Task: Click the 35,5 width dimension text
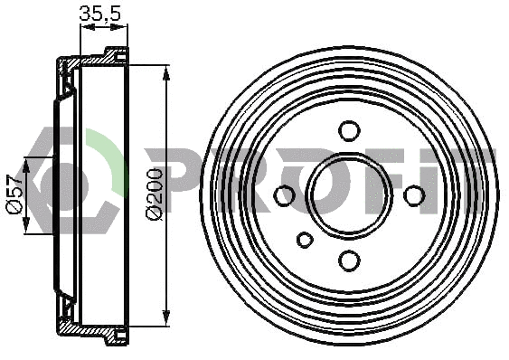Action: (x=101, y=13)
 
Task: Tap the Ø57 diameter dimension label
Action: (x=14, y=194)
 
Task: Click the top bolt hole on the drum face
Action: (x=349, y=130)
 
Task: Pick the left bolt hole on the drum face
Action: (x=284, y=195)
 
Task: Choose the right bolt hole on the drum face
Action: (x=414, y=195)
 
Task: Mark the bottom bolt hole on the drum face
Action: (x=349, y=261)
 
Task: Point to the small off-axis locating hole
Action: (x=305, y=240)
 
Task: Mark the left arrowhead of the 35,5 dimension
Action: (x=84, y=27)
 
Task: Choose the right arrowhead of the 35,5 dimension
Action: (x=122, y=27)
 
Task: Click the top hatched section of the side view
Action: (x=90, y=61)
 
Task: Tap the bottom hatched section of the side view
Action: (x=90, y=330)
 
